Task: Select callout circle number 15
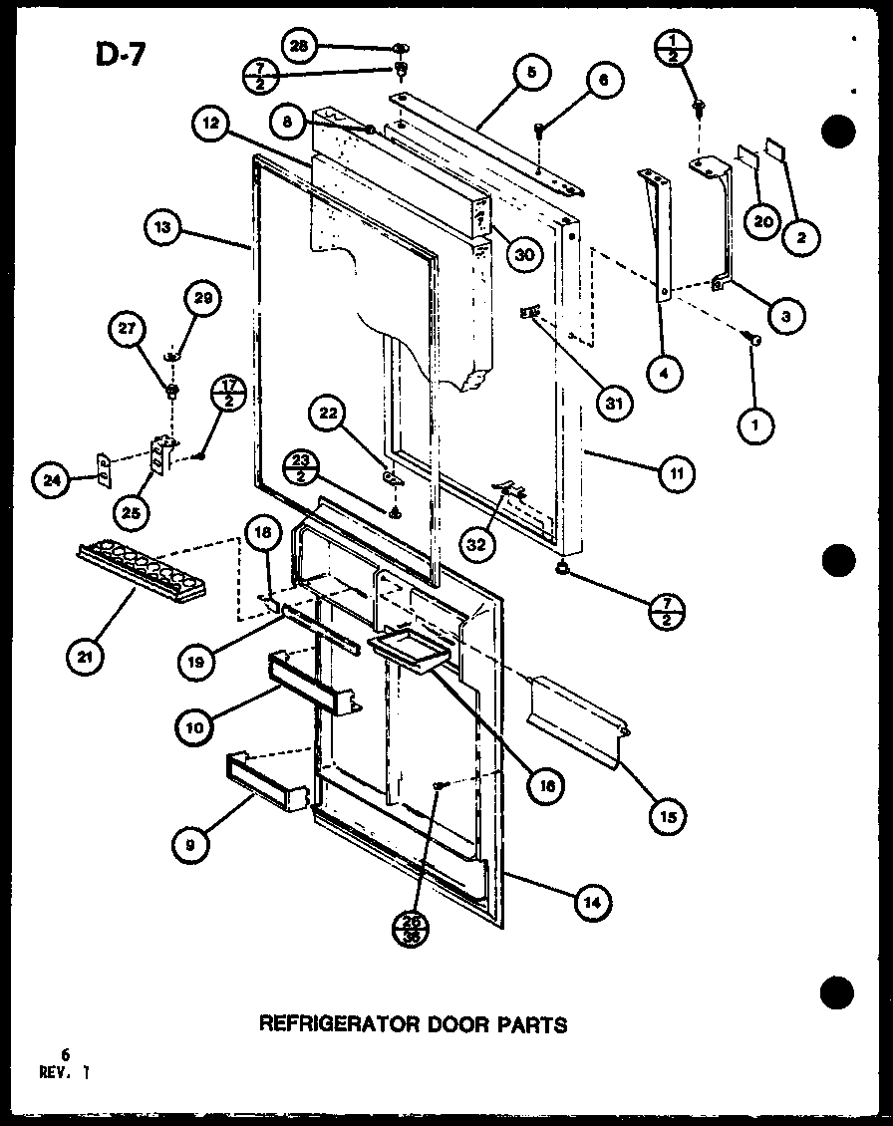click(x=668, y=816)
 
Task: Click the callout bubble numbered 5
click(x=533, y=73)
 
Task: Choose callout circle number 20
click(x=763, y=222)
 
